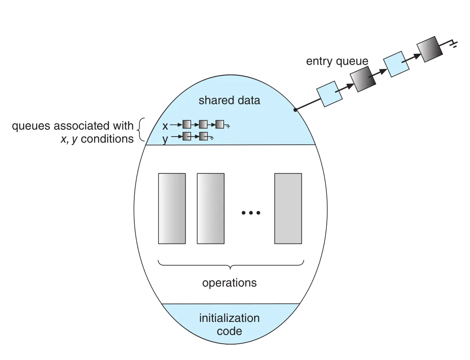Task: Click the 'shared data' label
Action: click(229, 100)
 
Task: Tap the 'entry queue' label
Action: click(337, 61)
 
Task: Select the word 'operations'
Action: click(229, 283)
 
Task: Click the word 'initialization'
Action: click(229, 318)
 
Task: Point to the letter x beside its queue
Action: click(165, 126)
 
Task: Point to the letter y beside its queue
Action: click(165, 139)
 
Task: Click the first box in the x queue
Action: click(187, 124)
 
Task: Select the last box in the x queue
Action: click(220, 124)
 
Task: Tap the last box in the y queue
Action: click(204, 137)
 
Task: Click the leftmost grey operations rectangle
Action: click(172, 208)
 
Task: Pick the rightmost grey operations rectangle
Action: click(288, 208)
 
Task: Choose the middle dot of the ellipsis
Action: click(251, 213)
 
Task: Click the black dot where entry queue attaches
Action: click(295, 110)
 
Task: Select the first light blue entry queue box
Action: click(329, 94)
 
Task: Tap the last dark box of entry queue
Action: click(430, 49)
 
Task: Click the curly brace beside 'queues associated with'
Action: click(141, 130)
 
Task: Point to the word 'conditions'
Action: click(107, 139)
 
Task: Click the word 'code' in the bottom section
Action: click(229, 331)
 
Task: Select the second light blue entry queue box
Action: click(396, 64)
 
